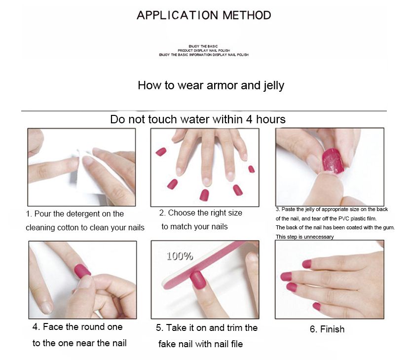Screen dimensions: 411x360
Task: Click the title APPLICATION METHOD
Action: (204, 15)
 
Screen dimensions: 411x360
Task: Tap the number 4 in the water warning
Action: (249, 119)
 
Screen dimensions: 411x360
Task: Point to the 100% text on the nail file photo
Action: (180, 256)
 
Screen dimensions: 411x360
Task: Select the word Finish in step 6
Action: (333, 329)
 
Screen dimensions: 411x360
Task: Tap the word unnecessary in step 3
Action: (319, 237)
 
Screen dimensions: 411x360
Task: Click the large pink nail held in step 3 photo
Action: (333, 161)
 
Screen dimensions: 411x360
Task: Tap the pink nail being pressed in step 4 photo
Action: (82, 271)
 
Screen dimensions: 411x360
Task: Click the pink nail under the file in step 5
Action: (198, 280)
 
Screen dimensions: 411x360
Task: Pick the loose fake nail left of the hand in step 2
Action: (161, 152)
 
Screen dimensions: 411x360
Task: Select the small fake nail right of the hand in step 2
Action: (251, 169)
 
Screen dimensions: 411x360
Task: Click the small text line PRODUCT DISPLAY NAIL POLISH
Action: (204, 50)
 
